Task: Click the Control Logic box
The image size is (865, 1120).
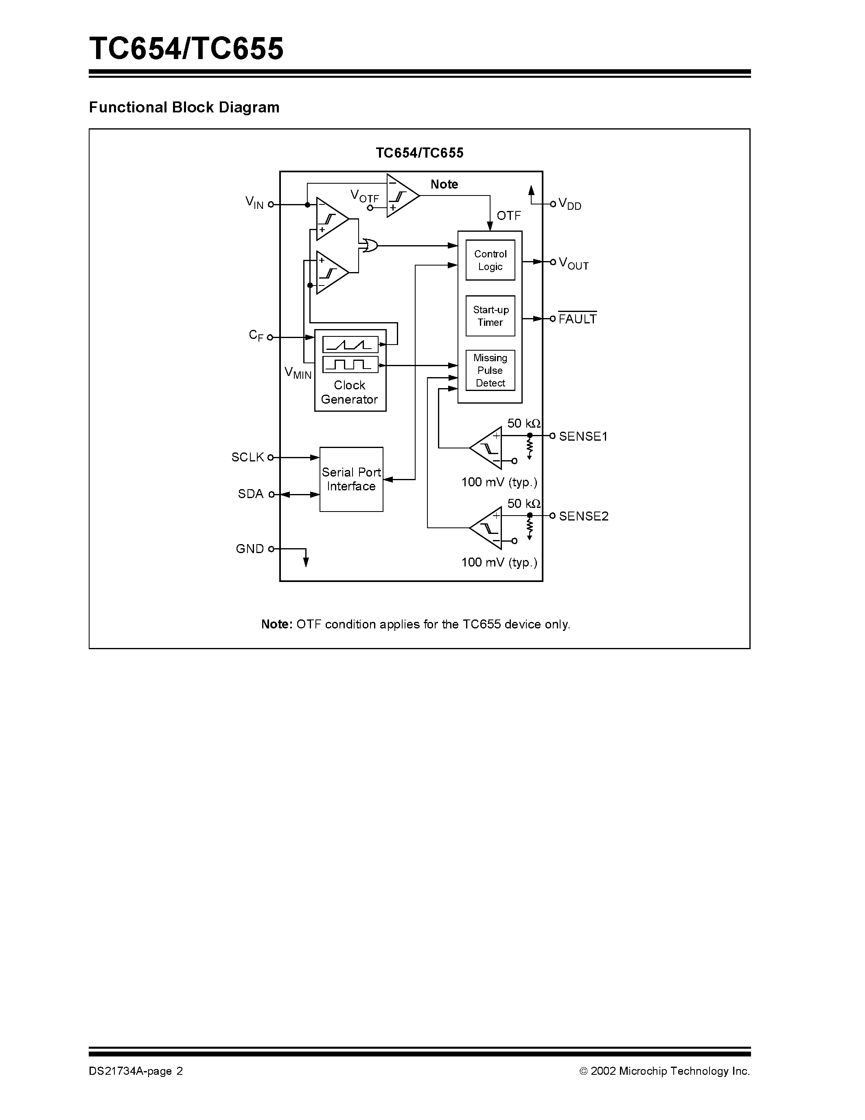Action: point(490,260)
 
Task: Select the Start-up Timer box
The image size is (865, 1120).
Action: point(490,316)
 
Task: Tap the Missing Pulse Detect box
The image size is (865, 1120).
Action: point(490,370)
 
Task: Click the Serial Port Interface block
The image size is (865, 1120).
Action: point(351,479)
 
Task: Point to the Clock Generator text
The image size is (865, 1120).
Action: point(350,392)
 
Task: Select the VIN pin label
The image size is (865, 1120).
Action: point(254,202)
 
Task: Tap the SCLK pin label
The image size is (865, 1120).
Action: point(247,457)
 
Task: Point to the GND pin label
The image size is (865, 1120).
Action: point(250,549)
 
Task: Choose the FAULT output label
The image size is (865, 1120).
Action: point(578,319)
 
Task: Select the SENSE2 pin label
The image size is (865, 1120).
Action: point(584,516)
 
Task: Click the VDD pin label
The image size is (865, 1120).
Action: point(570,204)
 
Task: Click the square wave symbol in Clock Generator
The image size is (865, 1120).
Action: point(350,365)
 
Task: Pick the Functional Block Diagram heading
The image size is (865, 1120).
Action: point(184,107)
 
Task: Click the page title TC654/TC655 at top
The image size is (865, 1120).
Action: point(186,49)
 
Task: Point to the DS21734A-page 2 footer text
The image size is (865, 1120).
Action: point(136,1071)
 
